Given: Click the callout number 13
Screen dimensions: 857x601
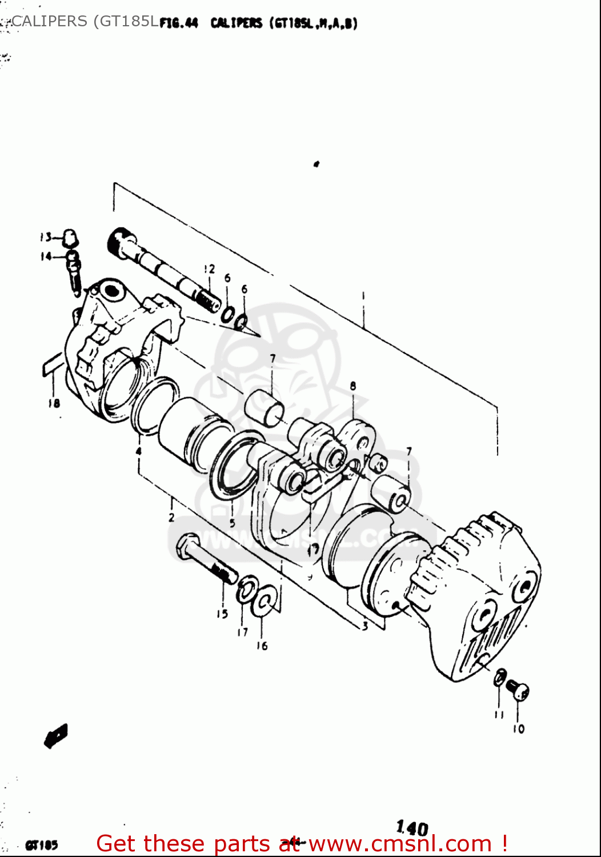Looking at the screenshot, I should pos(46,237).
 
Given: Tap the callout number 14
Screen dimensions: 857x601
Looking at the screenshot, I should pos(46,257).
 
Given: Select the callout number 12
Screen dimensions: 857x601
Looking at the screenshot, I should pos(209,269).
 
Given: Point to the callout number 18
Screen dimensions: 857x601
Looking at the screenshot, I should pos(54,403).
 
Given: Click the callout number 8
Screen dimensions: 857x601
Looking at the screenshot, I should pos(352,386).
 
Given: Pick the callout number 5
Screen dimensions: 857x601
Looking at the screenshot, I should pos(232,523).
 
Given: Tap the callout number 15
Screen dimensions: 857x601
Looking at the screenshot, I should pos(222,614).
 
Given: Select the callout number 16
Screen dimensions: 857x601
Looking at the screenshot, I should pos(262,646).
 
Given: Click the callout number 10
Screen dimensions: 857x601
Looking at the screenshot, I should pos(518,729).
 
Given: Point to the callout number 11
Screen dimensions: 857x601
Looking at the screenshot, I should pos(499,715).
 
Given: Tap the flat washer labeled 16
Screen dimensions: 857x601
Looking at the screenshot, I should pos(265,602).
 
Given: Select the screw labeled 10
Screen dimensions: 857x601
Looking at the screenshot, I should pos(518,690).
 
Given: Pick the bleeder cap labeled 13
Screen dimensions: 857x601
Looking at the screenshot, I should pos(70,237).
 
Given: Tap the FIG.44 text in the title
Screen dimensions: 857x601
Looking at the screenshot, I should pos(179,23).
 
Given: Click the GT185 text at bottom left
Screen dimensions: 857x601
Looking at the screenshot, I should pos(41,845).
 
